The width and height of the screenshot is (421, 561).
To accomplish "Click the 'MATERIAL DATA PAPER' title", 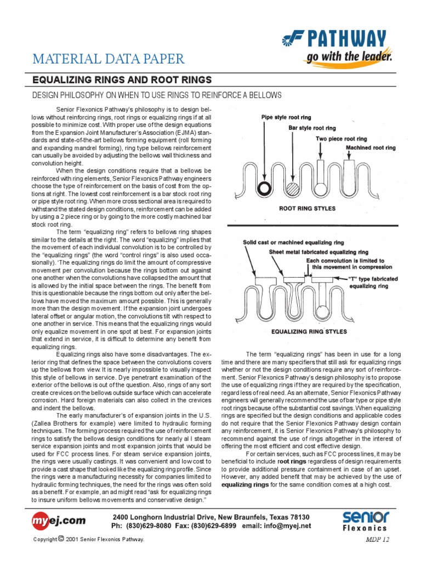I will (109, 59).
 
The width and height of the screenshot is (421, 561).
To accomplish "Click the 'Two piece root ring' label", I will (341, 139).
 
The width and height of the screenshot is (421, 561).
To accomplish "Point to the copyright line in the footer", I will (89, 540).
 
